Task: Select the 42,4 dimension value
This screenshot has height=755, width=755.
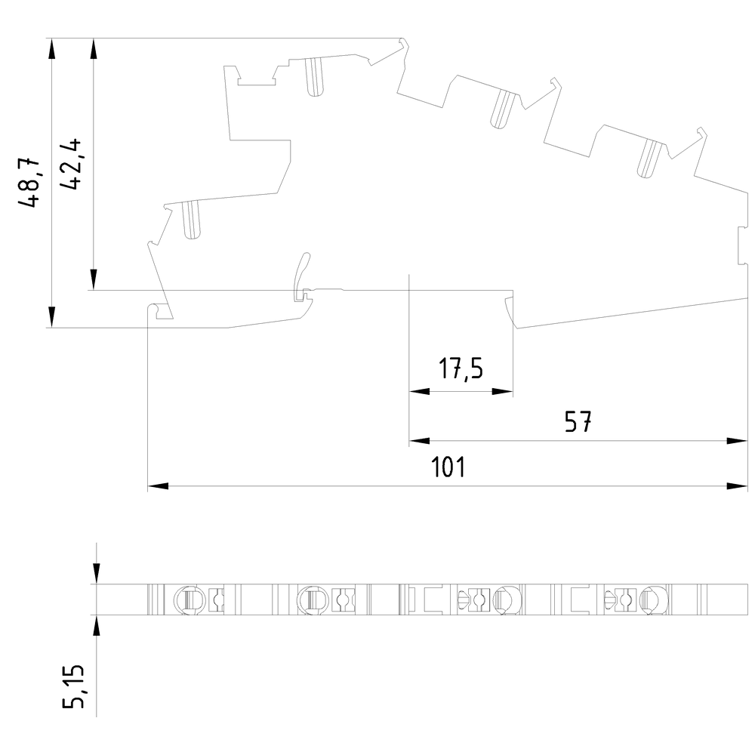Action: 69,164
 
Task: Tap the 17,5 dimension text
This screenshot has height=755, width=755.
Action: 461,369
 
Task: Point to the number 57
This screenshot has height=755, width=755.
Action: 578,421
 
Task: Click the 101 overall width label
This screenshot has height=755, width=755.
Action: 448,467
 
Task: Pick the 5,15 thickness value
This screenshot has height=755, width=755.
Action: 74,686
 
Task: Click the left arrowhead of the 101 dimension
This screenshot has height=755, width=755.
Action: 158,485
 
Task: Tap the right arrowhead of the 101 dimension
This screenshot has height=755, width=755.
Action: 737,485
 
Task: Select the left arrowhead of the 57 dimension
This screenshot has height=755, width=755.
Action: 419,441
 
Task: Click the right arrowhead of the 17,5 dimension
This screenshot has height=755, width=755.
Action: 502,391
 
